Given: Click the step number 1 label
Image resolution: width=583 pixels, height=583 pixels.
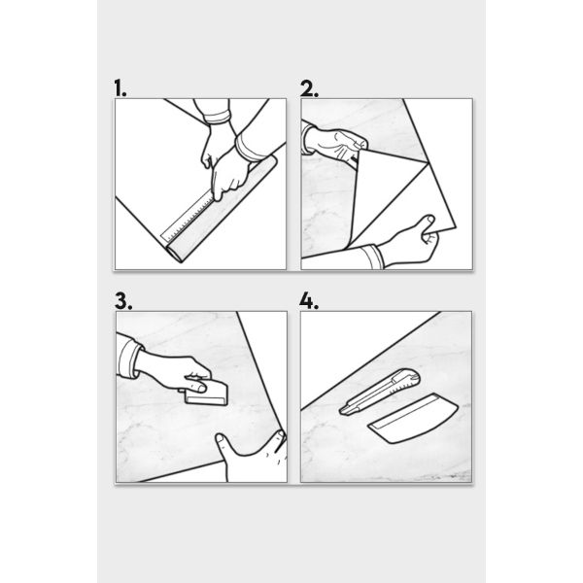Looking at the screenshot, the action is (x=120, y=88).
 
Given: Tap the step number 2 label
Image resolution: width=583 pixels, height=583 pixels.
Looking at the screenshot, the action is (x=309, y=88).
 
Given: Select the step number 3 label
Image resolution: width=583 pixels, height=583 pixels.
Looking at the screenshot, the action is (x=123, y=301).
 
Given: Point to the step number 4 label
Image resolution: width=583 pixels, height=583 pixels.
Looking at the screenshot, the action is (x=309, y=301).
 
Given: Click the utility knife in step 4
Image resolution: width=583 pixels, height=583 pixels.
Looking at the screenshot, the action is (x=379, y=392).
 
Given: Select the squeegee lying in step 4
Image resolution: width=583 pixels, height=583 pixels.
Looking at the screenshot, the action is (x=413, y=418).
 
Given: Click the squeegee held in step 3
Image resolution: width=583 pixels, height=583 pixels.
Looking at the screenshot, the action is (x=206, y=394).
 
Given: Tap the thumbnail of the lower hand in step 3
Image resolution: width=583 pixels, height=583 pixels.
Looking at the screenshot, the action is (x=220, y=438).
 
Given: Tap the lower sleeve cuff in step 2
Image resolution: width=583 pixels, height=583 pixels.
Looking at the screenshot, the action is (x=372, y=257).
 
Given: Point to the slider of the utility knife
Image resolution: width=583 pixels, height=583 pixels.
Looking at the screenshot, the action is (x=407, y=380).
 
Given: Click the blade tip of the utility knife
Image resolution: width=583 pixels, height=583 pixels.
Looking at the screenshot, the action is (x=341, y=411).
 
